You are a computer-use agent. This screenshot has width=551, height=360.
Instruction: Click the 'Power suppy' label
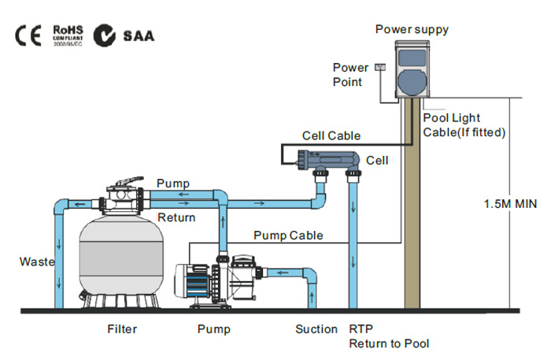coord(412,30)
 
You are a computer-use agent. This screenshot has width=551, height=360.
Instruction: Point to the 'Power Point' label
coord(350,74)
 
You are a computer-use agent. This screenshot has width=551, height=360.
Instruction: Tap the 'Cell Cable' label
coord(331,135)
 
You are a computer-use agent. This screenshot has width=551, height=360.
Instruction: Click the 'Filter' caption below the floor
coord(122,328)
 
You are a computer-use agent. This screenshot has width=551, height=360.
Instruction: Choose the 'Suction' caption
coord(316,328)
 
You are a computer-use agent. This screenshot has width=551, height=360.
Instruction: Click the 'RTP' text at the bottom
coord(358,328)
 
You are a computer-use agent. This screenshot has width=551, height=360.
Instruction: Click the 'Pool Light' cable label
coord(452,117)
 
